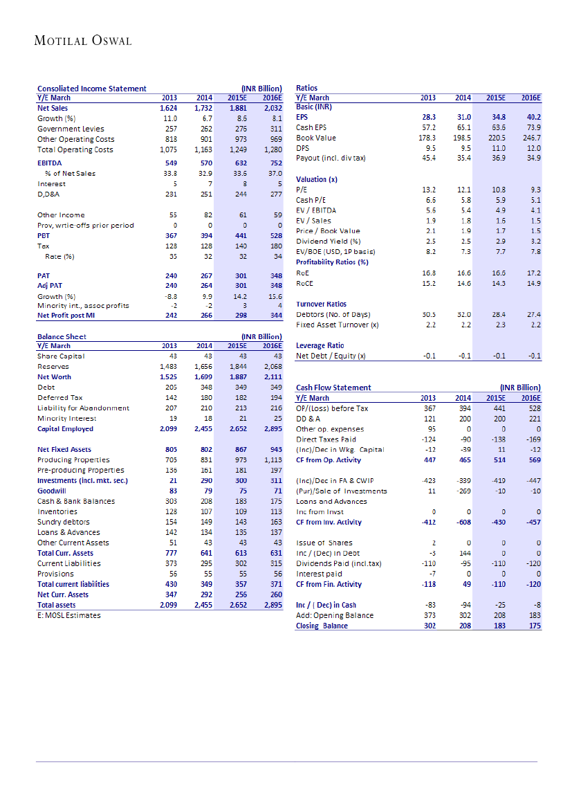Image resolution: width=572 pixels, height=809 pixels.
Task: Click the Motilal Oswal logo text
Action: [83, 41]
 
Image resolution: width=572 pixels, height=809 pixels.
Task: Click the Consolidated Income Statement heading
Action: [91, 88]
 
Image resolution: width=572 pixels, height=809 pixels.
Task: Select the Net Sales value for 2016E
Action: [272, 108]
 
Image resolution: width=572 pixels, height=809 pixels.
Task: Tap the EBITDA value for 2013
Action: [168, 163]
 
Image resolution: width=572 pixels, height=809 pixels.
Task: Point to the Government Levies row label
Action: [71, 129]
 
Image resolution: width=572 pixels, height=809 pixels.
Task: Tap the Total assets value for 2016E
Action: [272, 605]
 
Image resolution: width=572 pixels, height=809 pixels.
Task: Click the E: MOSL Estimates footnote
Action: [68, 615]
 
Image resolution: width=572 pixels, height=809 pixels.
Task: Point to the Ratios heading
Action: [306, 88]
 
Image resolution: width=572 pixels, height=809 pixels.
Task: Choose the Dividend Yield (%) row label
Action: [329, 241]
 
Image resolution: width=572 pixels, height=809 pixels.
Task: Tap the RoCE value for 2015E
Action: [497, 283]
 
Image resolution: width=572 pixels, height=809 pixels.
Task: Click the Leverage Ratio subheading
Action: [320, 345]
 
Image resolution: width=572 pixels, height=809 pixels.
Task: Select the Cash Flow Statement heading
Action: [333, 388]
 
